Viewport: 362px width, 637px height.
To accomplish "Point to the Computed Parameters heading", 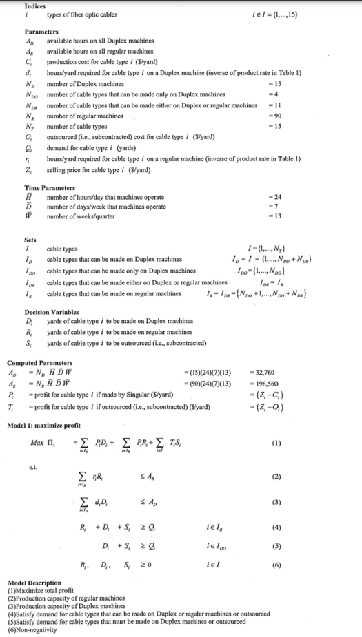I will pyautogui.click(x=39, y=362).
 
